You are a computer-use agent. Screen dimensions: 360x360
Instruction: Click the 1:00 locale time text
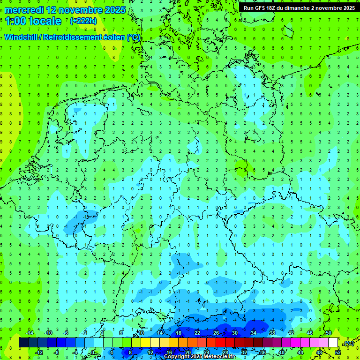(x=33, y=21)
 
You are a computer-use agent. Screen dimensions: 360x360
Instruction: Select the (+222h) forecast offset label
(x=83, y=21)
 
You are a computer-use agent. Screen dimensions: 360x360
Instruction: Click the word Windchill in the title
(x=21, y=37)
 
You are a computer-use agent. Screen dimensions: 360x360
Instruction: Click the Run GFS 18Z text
(x=261, y=8)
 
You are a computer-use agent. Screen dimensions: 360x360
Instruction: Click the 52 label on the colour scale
(x=338, y=352)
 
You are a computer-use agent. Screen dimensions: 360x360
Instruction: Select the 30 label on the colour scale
(x=234, y=333)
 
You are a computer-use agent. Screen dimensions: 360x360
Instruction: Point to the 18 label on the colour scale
(x=178, y=333)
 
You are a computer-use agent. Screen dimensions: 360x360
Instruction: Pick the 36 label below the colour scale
(x=262, y=352)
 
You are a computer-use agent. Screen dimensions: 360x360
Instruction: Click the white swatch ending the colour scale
(x=333, y=343)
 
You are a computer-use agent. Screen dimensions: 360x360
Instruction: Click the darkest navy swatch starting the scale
(x=23, y=343)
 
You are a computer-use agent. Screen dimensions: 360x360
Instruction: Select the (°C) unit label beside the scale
(x=348, y=344)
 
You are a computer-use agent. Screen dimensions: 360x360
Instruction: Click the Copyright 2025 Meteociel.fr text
(x=199, y=357)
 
